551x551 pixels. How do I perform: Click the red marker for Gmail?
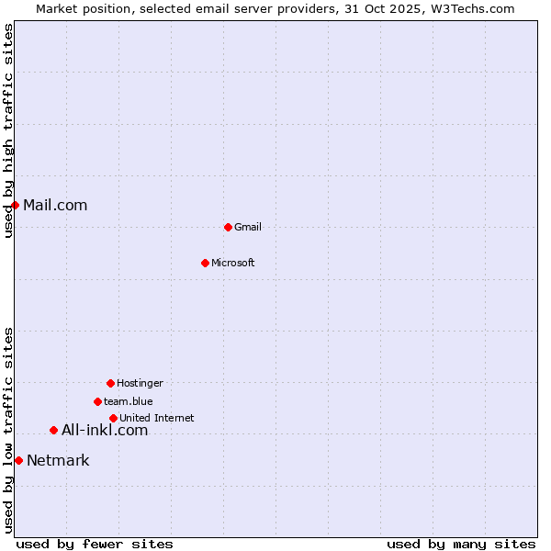coord(228,227)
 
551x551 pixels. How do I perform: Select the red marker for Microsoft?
coord(206,263)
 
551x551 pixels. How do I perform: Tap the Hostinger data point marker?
coord(110,383)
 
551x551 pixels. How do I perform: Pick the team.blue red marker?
coord(97,401)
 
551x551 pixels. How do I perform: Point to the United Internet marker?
coord(113,418)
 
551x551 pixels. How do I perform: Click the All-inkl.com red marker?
coord(53,430)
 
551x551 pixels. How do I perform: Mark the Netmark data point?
coord(18,460)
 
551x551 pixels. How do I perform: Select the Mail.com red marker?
coord(15,205)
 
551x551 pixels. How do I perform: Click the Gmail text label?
coord(248,227)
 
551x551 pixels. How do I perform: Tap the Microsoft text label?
coord(233,263)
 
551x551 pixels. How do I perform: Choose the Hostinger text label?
coord(140,383)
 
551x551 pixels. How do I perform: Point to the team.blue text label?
coord(129,401)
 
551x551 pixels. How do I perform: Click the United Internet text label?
coord(157,418)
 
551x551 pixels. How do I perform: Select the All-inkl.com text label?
coord(105,430)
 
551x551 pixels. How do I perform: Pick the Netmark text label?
coord(58,460)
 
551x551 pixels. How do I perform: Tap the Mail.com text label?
coord(55,205)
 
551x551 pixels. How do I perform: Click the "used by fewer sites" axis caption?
coord(95,544)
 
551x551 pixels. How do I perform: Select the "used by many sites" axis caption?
coord(461,544)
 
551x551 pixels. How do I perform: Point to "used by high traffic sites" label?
coord(8,130)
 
